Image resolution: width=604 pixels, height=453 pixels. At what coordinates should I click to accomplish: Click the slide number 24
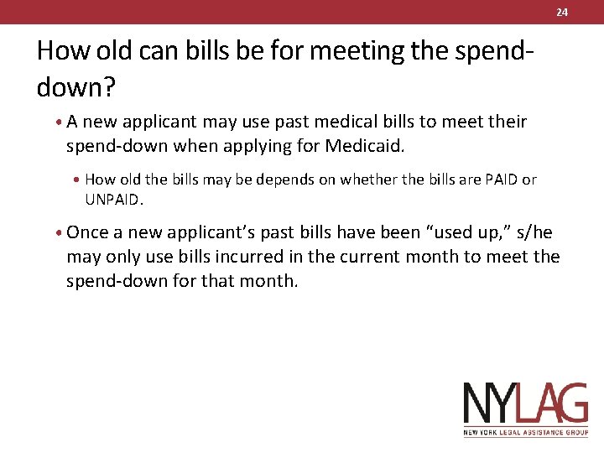(562, 12)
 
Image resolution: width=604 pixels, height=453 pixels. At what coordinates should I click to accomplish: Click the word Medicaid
(364, 146)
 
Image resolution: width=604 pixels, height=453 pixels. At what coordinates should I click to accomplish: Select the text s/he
(531, 232)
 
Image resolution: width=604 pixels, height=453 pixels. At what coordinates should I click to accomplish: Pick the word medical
(325, 122)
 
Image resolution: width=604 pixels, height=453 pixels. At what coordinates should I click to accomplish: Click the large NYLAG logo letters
(526, 404)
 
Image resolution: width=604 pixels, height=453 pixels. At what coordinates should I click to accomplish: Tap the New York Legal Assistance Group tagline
(526, 433)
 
